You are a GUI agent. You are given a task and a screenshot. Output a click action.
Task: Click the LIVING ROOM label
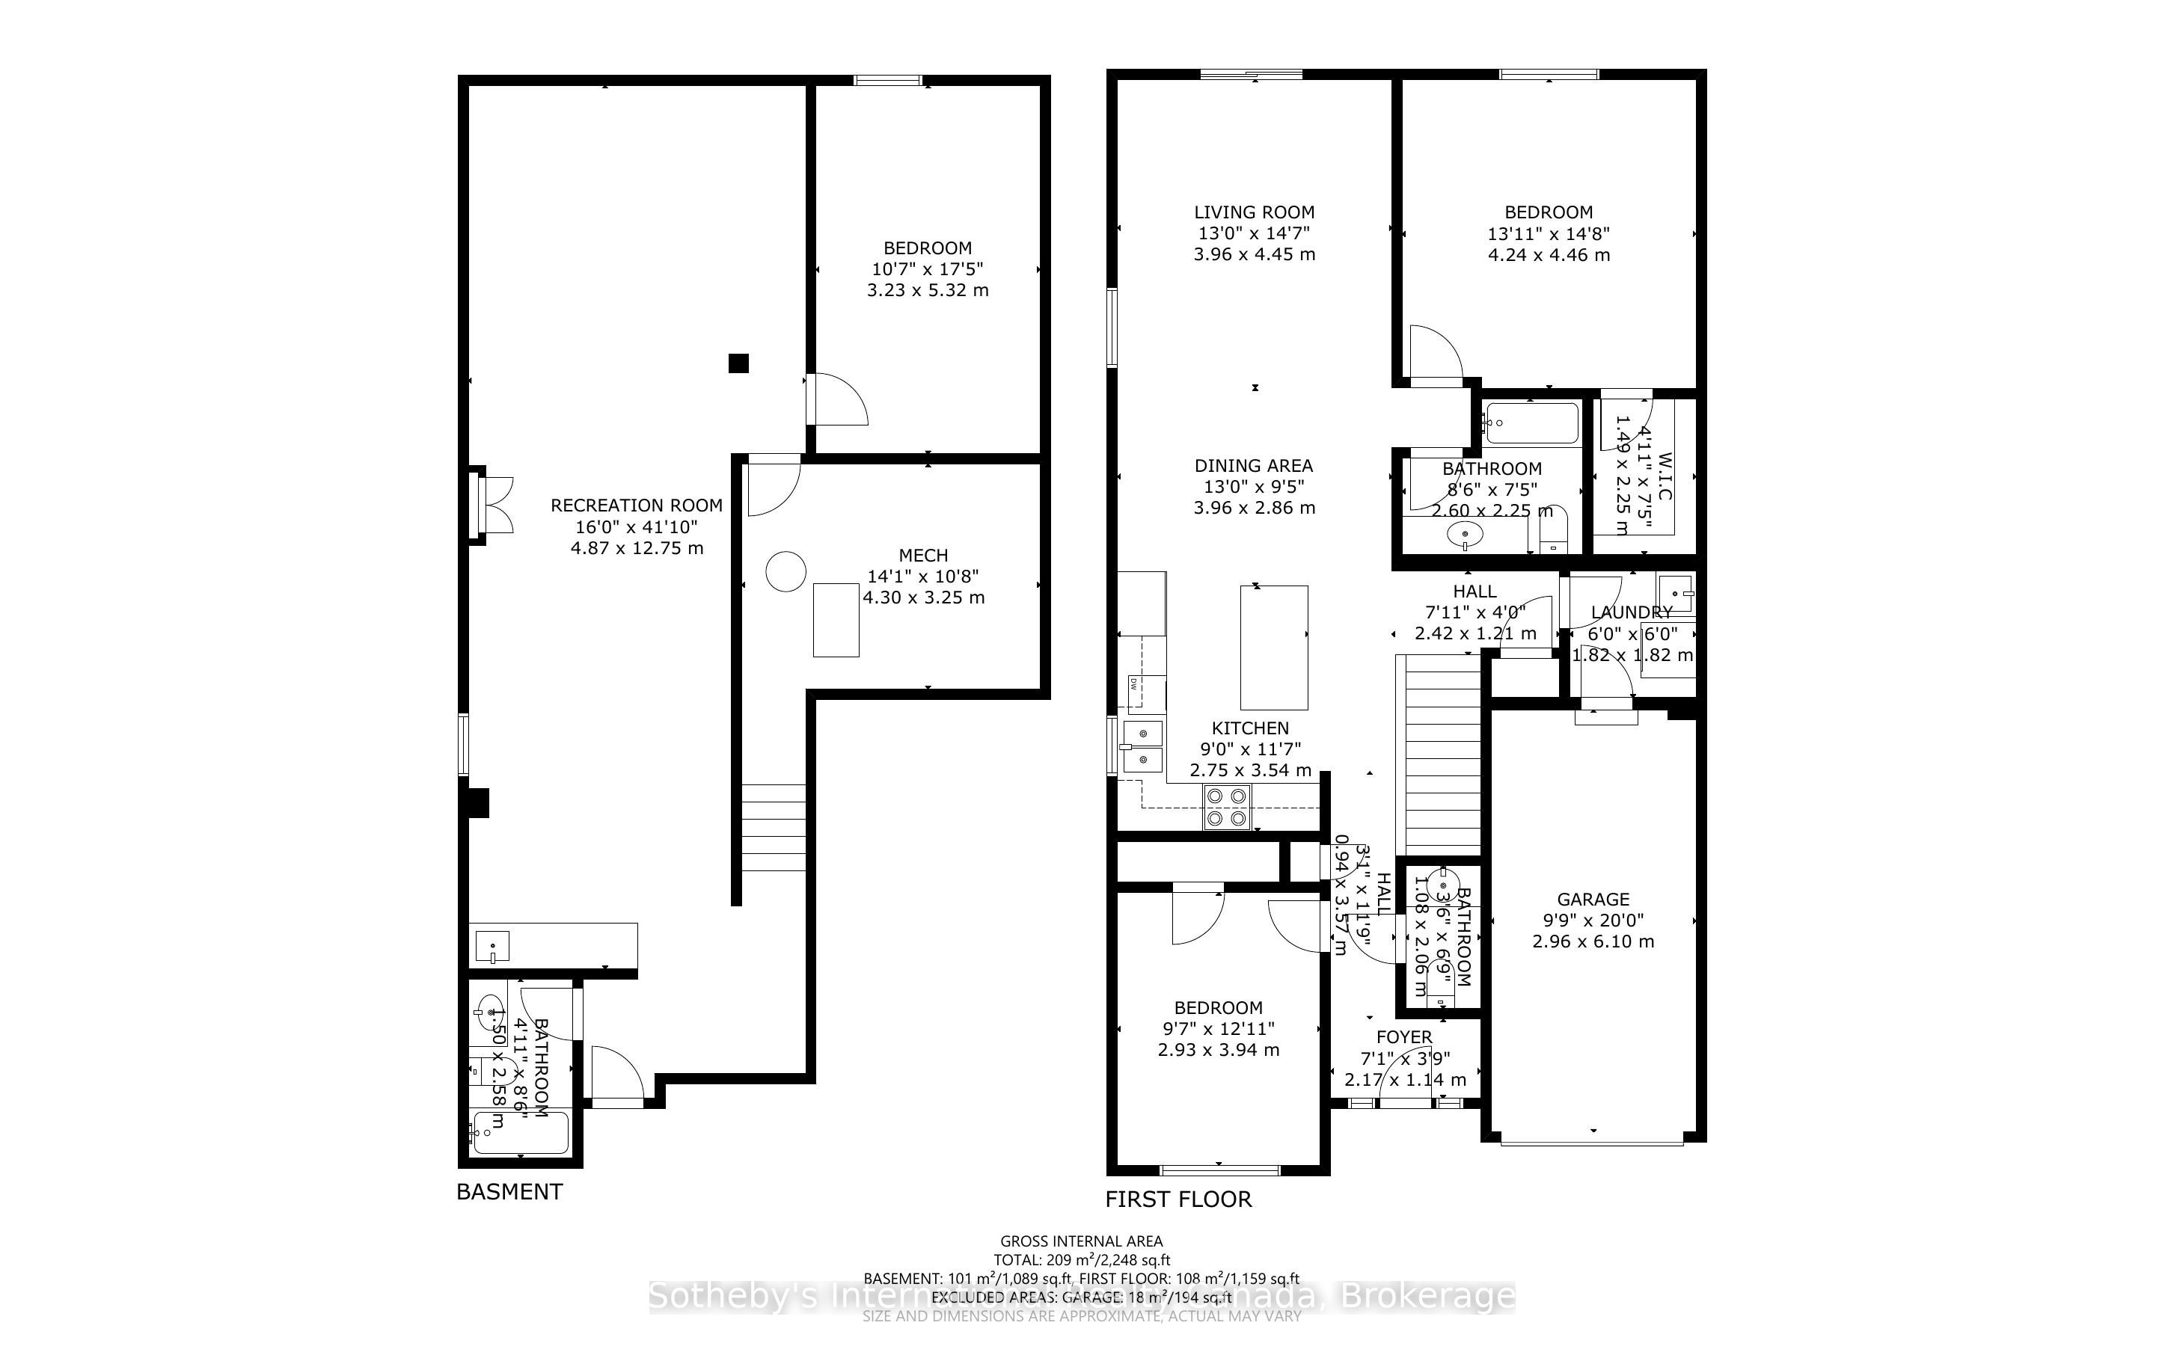[1254, 212]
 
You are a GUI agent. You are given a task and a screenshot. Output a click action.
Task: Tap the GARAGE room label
[1593, 900]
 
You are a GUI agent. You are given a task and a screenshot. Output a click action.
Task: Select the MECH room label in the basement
[923, 556]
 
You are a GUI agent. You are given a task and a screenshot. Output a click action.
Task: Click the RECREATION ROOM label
[636, 506]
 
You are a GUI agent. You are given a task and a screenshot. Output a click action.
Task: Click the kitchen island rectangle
[1273, 648]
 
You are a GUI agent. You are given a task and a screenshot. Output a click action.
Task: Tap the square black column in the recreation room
[738, 363]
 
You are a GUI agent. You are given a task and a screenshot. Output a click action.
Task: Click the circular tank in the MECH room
[786, 571]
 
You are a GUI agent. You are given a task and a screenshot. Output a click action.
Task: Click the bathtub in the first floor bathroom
[1530, 424]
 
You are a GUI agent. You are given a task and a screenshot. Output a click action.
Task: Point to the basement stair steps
[774, 827]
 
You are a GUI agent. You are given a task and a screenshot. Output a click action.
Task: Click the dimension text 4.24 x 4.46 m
[1548, 255]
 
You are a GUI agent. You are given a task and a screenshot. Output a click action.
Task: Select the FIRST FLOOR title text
[1178, 1199]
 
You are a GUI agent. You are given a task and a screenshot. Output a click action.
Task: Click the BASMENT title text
[509, 1192]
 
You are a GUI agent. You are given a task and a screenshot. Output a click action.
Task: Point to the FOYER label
[1403, 1037]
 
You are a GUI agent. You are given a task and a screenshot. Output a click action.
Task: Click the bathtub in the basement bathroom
[520, 1134]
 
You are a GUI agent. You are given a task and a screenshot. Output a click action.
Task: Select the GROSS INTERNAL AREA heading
[1080, 1241]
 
